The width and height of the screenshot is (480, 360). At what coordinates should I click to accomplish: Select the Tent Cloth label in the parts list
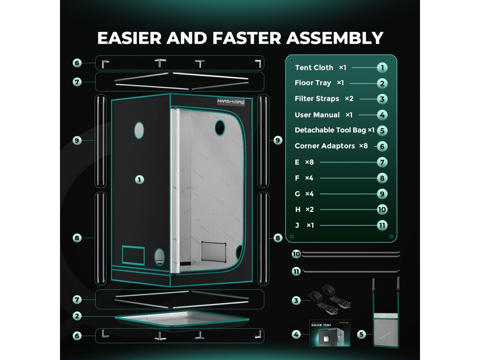coord(314,67)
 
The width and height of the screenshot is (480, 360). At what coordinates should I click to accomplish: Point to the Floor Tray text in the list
coord(313,83)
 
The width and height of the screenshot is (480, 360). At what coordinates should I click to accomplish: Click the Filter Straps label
coord(317,99)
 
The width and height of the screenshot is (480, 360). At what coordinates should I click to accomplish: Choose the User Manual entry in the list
coord(317,115)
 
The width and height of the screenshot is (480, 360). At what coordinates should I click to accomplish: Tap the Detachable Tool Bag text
coord(330,130)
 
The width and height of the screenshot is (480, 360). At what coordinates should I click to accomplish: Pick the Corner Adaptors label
coord(324,146)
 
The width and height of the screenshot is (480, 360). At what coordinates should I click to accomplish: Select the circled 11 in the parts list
coord(382,225)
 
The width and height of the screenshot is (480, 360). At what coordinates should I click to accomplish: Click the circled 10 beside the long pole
coord(296,254)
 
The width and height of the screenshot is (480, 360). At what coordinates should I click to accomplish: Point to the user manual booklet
coord(330,334)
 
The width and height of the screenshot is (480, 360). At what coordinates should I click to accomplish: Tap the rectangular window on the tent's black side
coord(134,255)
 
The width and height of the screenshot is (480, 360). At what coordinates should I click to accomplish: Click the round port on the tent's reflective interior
coord(220,126)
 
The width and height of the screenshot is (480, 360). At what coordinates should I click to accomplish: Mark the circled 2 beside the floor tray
coord(77,316)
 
